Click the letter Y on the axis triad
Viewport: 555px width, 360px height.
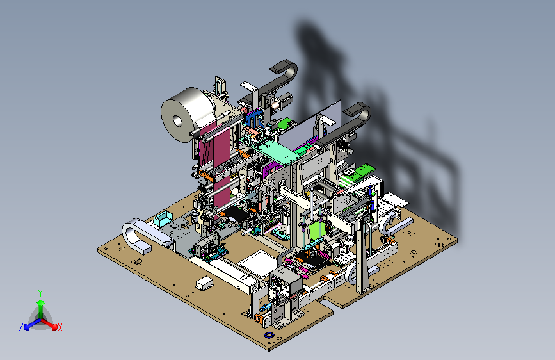click(40, 293)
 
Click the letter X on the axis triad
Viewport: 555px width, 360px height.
click(60, 327)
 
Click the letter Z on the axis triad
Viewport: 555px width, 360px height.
click(21, 327)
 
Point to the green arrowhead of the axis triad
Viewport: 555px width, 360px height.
click(41, 302)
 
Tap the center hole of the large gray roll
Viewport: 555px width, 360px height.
click(177, 121)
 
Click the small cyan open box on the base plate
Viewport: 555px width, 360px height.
click(163, 218)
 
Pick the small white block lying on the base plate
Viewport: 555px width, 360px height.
click(204, 284)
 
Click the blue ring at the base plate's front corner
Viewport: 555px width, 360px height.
click(269, 335)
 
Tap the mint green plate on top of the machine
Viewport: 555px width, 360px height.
click(278, 152)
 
